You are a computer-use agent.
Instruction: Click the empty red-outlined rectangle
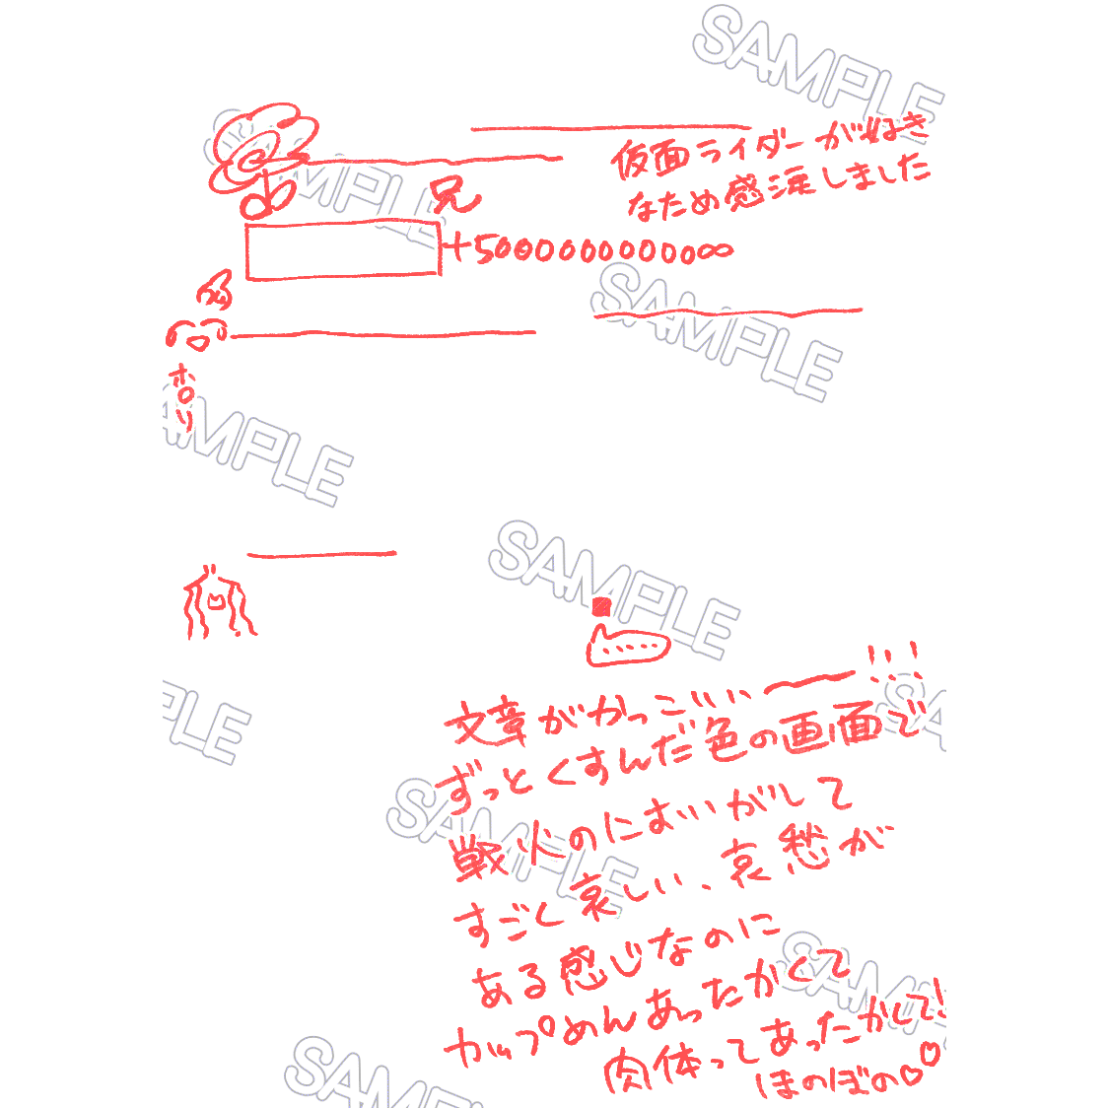342,252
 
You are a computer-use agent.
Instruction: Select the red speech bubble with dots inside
627,648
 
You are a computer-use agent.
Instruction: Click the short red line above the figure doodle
321,555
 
